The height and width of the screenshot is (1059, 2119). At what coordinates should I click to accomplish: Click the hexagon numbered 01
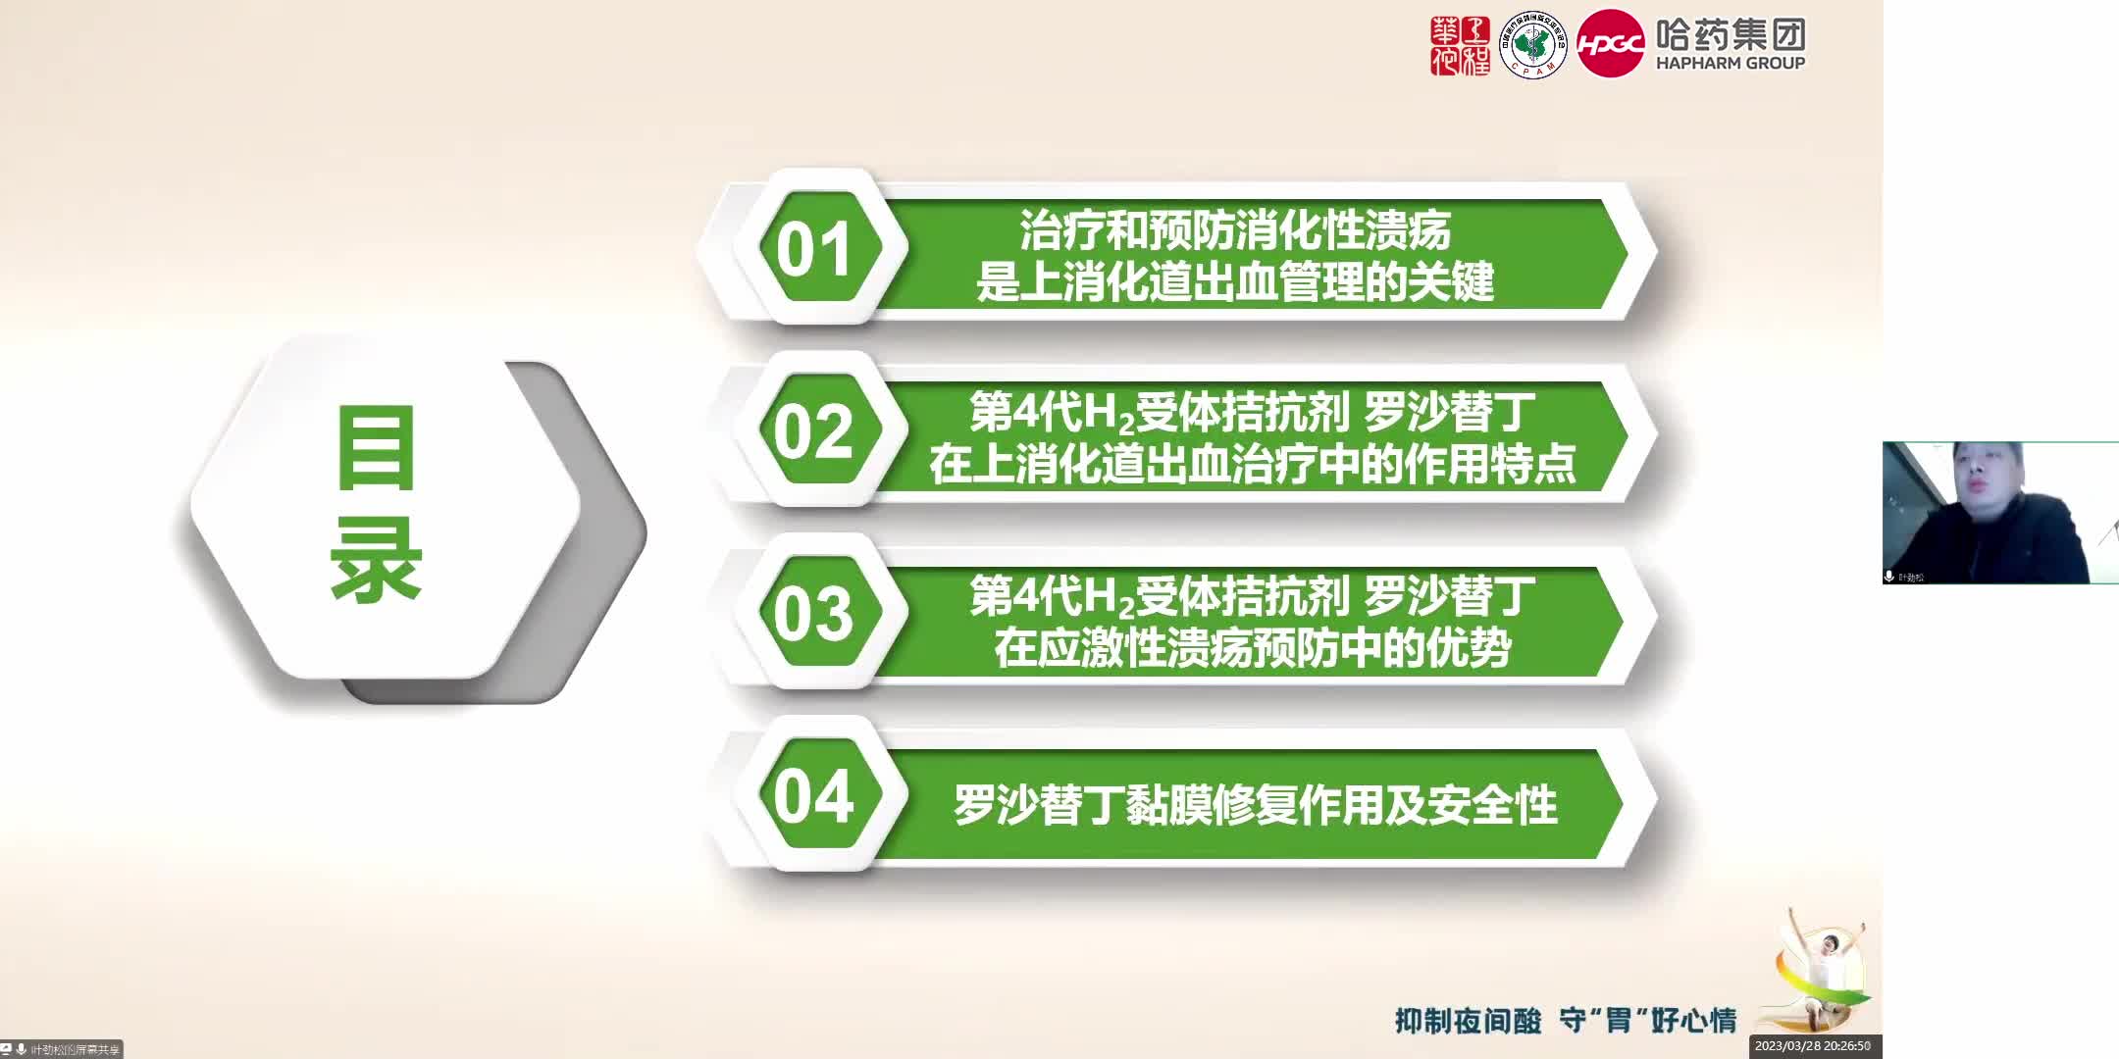tap(814, 248)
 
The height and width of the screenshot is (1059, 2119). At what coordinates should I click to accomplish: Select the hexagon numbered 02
tap(814, 431)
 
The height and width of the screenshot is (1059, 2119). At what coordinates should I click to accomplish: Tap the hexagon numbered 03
tap(814, 614)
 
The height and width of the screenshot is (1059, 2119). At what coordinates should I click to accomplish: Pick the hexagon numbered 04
tap(814, 796)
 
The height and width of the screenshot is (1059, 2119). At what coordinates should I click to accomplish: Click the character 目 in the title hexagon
tap(377, 449)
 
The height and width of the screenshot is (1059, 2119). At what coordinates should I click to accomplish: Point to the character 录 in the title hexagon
tap(377, 559)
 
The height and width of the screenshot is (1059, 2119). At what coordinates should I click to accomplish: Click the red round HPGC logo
tap(1610, 44)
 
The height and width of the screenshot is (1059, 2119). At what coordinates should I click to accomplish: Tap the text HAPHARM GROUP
tap(1731, 63)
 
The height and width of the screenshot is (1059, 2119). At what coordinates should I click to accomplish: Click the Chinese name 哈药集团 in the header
tap(1731, 34)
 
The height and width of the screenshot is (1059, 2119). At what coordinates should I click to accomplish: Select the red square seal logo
tap(1460, 45)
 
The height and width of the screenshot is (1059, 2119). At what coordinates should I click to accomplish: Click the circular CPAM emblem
tap(1533, 45)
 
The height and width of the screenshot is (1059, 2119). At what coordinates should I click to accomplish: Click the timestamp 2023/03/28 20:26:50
tap(1813, 1046)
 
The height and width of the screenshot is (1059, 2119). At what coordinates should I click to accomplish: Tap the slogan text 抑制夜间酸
tap(1468, 1021)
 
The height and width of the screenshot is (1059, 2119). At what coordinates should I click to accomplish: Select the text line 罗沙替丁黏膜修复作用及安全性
tap(1256, 805)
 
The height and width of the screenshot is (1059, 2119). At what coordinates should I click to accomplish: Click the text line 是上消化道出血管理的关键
tap(1235, 282)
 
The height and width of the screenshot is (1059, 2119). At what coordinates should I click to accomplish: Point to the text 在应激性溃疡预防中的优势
tap(1253, 648)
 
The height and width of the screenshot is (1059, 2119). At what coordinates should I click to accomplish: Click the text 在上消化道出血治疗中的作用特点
tap(1253, 465)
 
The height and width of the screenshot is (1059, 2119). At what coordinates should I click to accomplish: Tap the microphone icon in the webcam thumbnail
tap(1889, 577)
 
